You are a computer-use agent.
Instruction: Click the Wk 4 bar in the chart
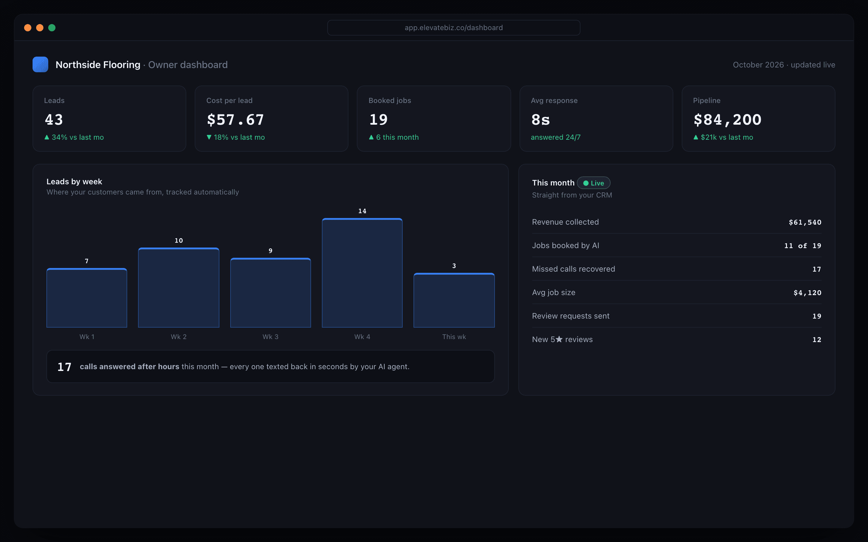pyautogui.click(x=362, y=273)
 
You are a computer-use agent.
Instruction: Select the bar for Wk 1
pyautogui.click(x=86, y=297)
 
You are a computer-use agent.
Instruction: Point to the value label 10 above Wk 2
pyautogui.click(x=179, y=241)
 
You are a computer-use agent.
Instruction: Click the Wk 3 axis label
pyautogui.click(x=270, y=337)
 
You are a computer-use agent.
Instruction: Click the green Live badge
pyautogui.click(x=594, y=183)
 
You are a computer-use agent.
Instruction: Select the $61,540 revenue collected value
pyautogui.click(x=805, y=222)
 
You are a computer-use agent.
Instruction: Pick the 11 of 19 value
pyautogui.click(x=802, y=245)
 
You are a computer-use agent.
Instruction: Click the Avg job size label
pyautogui.click(x=553, y=292)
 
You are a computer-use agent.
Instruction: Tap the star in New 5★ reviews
pyautogui.click(x=559, y=339)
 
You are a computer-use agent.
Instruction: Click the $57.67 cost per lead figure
pyautogui.click(x=235, y=119)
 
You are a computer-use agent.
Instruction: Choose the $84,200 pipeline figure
pyautogui.click(x=727, y=119)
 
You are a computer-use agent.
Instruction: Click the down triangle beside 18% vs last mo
pyautogui.click(x=209, y=137)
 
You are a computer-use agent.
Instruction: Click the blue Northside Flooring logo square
pyautogui.click(x=40, y=64)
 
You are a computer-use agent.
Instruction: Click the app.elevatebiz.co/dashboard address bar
pyautogui.click(x=454, y=28)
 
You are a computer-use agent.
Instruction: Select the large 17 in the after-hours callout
pyautogui.click(x=64, y=367)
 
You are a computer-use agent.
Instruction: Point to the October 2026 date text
pyautogui.click(x=758, y=65)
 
